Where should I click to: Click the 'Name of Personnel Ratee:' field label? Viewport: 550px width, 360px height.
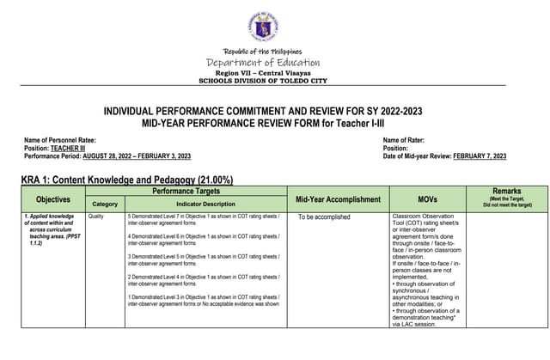[x=60, y=139]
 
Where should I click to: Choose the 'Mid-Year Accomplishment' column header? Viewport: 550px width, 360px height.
[x=338, y=198]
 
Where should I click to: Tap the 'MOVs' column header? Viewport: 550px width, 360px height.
[x=427, y=198]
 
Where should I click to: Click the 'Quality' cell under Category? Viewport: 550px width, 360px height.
[x=95, y=216]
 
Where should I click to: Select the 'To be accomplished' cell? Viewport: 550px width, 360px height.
[x=324, y=217]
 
